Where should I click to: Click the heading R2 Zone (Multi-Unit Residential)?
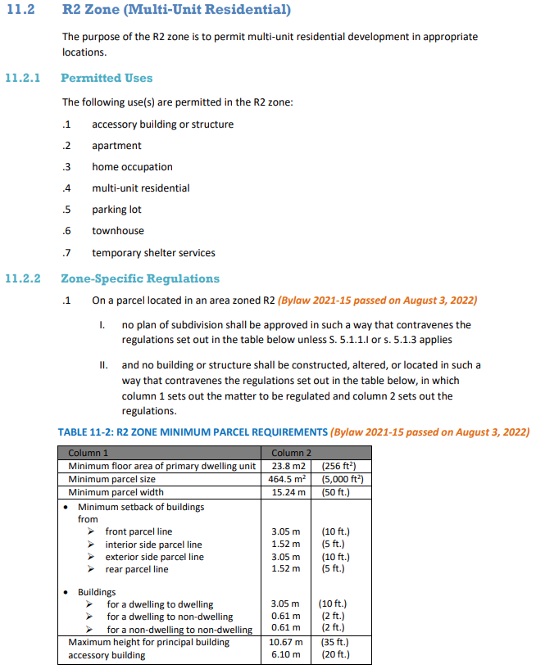click(x=176, y=11)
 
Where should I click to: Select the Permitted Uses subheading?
click(x=107, y=78)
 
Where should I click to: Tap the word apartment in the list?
click(x=116, y=146)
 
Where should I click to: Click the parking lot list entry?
click(x=116, y=210)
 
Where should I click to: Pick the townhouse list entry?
click(x=117, y=231)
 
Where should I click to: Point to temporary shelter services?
click(x=153, y=252)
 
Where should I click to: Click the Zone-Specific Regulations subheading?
click(x=140, y=278)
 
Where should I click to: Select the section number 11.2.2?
click(x=23, y=278)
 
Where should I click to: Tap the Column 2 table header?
click(x=291, y=453)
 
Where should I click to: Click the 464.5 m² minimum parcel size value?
click(x=288, y=479)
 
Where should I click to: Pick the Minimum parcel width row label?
click(x=116, y=492)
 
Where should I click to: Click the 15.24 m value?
click(x=288, y=492)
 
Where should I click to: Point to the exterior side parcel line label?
click(x=154, y=557)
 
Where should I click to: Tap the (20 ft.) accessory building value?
click(x=335, y=655)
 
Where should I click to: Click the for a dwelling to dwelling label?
click(x=160, y=604)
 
